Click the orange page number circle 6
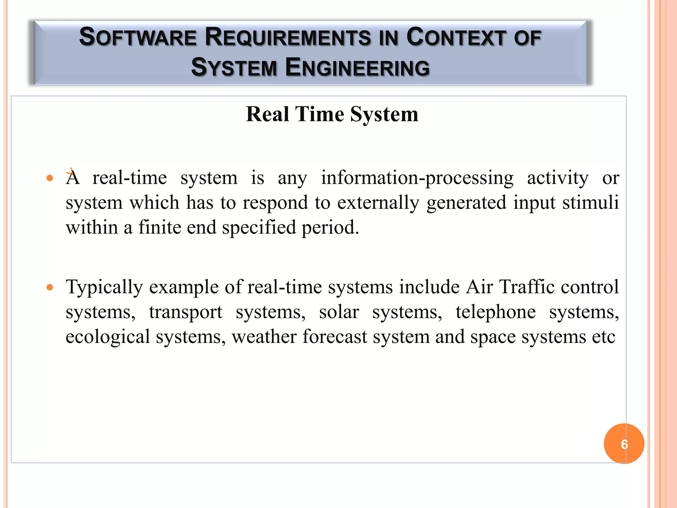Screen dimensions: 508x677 point(624,444)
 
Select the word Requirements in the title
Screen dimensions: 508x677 point(288,37)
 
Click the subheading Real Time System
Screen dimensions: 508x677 point(332,114)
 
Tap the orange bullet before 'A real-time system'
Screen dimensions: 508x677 point(50,179)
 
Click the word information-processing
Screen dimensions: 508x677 point(417,178)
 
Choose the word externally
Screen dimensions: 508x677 point(378,202)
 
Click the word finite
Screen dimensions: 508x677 point(160,228)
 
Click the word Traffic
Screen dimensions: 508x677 point(527,286)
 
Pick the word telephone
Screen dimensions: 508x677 point(496,312)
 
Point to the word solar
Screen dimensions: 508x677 point(339,312)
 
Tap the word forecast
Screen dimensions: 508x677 point(335,337)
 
